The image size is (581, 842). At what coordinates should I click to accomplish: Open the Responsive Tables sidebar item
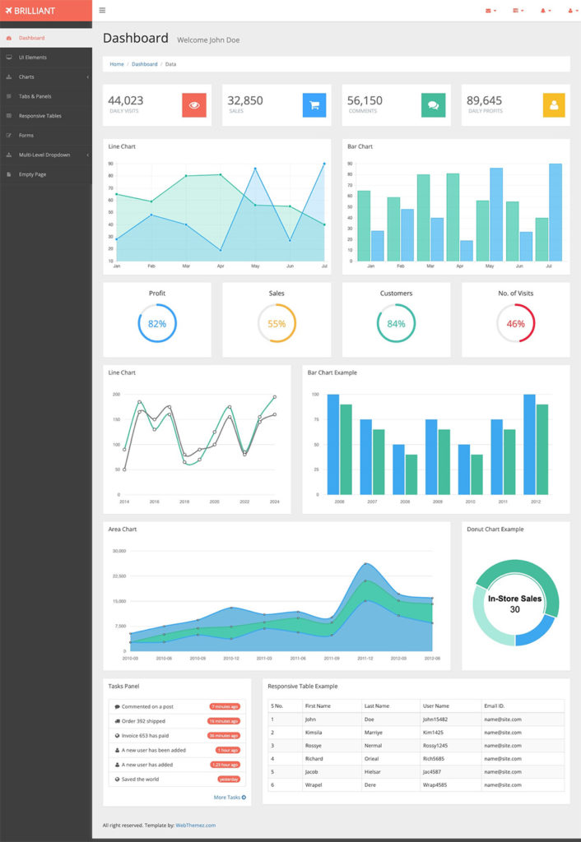pos(40,116)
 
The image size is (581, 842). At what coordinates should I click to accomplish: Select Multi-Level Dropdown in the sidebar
pos(44,155)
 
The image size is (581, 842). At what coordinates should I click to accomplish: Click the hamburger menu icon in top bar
pos(102,11)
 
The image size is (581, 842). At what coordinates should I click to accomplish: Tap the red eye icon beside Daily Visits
pos(194,105)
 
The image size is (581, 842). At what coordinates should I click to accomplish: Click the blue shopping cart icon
pos(314,105)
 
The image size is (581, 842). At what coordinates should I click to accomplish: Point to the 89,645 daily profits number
pos(484,100)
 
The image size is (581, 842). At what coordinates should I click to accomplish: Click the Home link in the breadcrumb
pos(117,64)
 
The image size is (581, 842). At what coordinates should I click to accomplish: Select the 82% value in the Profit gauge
pos(157,324)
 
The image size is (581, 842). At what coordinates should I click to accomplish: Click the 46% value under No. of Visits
pos(515,324)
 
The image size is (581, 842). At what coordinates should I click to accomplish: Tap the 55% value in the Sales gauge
pos(277,324)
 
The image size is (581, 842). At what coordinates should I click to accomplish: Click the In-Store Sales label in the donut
pos(514,599)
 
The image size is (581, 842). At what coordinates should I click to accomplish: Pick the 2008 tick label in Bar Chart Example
pos(339,501)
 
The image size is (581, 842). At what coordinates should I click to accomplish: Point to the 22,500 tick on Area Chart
pos(119,576)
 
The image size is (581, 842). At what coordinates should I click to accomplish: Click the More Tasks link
pos(230,797)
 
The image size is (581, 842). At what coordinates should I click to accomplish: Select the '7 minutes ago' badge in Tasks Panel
pos(225,706)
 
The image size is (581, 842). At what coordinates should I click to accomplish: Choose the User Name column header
pos(435,706)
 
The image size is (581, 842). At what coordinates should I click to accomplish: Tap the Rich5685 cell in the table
pos(435,758)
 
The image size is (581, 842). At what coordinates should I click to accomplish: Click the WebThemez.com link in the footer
pos(195,825)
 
